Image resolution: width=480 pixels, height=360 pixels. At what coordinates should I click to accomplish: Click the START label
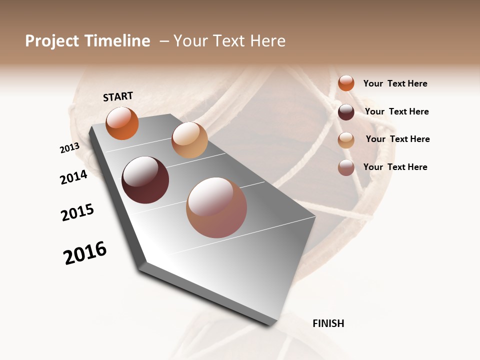coord(118,96)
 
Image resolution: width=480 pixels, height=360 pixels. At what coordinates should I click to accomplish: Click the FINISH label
coord(328,323)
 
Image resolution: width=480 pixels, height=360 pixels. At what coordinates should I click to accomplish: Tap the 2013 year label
coord(69,148)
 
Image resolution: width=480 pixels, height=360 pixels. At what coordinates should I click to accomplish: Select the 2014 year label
coord(73,177)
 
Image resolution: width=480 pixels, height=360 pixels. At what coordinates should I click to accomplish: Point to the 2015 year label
coord(77,213)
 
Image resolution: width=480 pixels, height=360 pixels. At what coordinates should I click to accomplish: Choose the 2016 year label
coord(85,253)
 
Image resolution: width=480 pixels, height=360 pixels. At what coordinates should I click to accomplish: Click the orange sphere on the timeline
coord(122,123)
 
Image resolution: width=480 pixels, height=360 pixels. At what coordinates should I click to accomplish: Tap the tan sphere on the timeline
coord(189,140)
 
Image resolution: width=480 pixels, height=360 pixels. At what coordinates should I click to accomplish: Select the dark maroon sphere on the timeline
coord(145,180)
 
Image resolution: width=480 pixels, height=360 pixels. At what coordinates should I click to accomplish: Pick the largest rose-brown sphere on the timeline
coord(216,207)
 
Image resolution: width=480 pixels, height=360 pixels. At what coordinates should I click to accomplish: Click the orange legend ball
coord(346,83)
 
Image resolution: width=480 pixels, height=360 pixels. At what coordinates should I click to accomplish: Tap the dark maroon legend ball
coord(346,112)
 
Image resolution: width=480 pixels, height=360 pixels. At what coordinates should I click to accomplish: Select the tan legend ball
coord(346,140)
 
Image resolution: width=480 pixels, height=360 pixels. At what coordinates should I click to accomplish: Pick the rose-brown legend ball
coord(346,167)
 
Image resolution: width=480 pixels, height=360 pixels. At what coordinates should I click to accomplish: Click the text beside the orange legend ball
coord(395,83)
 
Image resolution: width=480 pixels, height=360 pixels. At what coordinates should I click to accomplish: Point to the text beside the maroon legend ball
coord(396,111)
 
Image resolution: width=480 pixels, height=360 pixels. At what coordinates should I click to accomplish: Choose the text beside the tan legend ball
coord(397,139)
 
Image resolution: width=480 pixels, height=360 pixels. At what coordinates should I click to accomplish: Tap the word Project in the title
coord(51,41)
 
